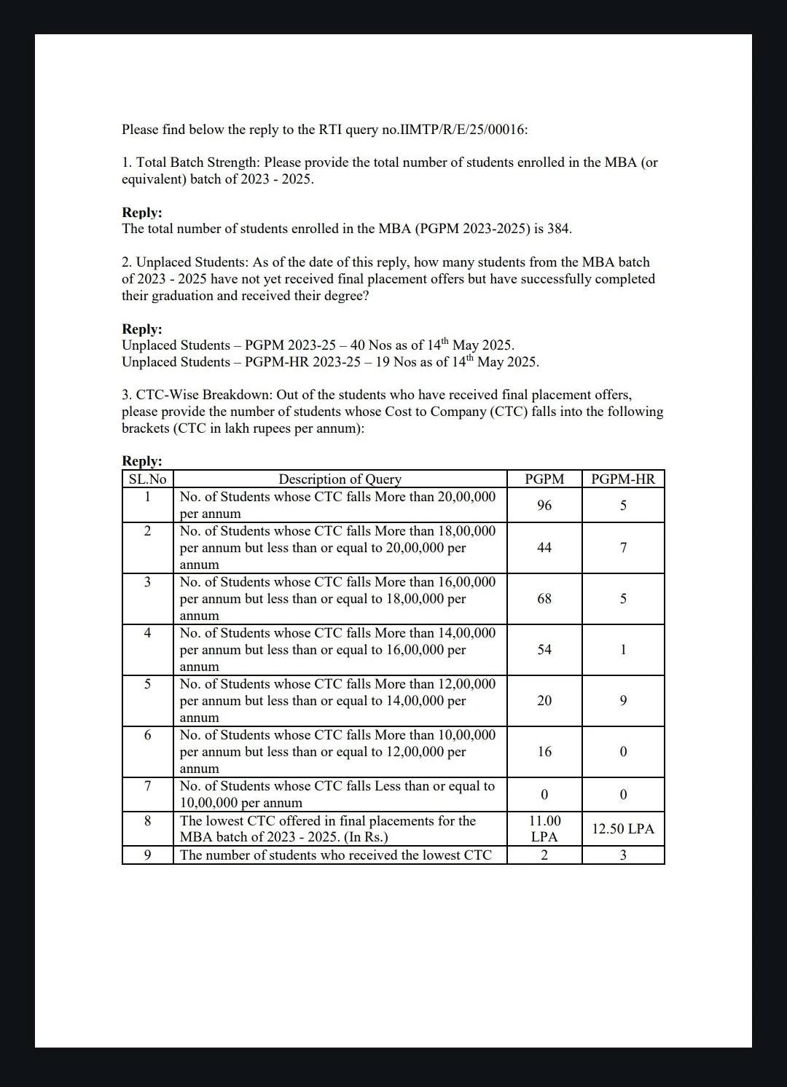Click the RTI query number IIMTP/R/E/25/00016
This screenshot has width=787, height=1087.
(463, 130)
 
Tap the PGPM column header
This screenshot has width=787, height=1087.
(544, 479)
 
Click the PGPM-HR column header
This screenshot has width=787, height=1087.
(623, 479)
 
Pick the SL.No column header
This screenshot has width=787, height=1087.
(147, 479)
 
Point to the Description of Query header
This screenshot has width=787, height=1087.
(340, 479)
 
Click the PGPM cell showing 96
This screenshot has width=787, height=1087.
(544, 506)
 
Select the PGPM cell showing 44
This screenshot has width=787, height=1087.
(544, 548)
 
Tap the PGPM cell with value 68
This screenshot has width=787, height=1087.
(544, 599)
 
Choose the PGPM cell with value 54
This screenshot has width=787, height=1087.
(544, 650)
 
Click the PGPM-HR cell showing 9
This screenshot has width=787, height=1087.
(623, 701)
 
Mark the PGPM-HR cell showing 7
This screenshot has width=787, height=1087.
(623, 548)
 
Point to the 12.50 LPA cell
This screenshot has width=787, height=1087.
(623, 829)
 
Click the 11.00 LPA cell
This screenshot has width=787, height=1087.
(544, 829)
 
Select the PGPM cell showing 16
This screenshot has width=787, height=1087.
(544, 752)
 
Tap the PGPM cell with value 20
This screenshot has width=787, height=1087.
(544, 701)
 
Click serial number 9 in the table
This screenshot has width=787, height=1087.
(147, 855)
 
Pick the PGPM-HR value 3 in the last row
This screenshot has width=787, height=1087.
(623, 855)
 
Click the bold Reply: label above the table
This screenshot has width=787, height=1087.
(142, 461)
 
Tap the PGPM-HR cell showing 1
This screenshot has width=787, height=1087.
(623, 650)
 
